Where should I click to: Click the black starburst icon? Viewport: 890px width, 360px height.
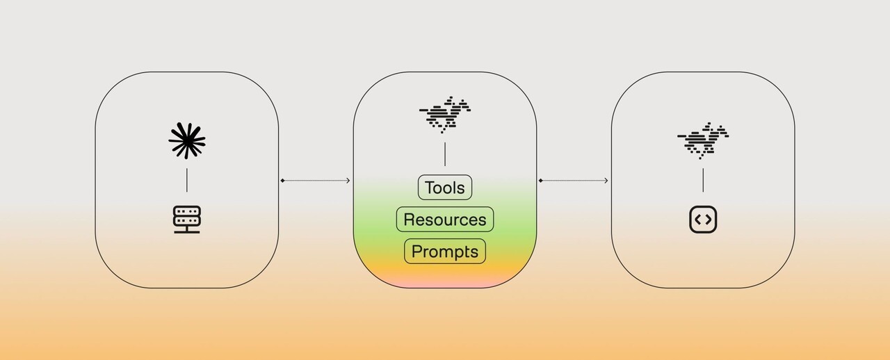[x=187, y=141]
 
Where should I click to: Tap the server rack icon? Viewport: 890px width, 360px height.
[x=187, y=220]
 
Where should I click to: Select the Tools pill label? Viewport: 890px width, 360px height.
[x=445, y=188]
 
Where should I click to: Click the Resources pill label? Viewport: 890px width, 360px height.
[x=445, y=220]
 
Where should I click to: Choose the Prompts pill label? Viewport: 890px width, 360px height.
[x=445, y=252]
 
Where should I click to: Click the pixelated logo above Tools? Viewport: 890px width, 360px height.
[x=445, y=114]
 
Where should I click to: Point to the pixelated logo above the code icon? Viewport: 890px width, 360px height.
[x=703, y=140]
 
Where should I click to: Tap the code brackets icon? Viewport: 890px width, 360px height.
[x=703, y=220]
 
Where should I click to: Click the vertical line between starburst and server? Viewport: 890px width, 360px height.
[x=187, y=180]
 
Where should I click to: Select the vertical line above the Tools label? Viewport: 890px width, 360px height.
[x=445, y=154]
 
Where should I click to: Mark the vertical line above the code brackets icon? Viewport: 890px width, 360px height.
[x=703, y=180]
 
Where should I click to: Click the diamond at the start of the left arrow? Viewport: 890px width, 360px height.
[x=282, y=181]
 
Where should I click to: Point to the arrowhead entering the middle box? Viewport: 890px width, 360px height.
[x=348, y=181]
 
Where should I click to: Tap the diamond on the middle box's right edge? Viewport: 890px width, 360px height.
[x=540, y=181]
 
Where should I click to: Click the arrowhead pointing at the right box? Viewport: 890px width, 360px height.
[x=606, y=181]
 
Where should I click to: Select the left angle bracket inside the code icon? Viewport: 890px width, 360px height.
[x=697, y=220]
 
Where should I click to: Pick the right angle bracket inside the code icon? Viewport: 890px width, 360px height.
[x=709, y=220]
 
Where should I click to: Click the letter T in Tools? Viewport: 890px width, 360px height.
[x=430, y=188]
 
